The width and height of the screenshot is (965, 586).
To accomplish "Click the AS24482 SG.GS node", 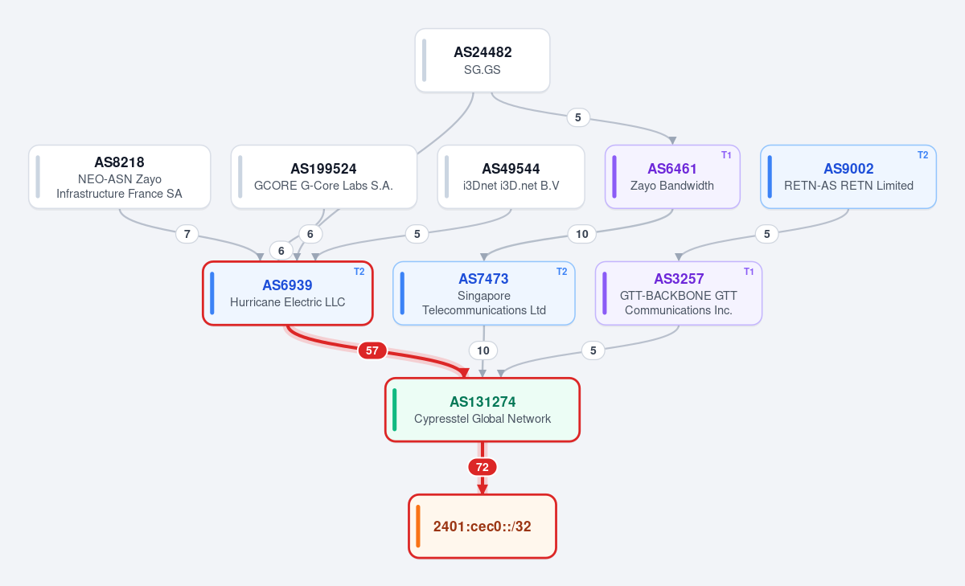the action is tap(482, 60).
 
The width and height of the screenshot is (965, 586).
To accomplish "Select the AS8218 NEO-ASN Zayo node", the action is tap(119, 177).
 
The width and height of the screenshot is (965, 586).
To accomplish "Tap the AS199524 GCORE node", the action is tap(323, 177).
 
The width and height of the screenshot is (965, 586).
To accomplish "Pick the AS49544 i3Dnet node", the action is tap(511, 177).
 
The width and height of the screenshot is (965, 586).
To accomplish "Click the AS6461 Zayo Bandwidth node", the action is tap(672, 177).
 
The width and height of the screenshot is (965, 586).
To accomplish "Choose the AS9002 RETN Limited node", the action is tap(848, 177).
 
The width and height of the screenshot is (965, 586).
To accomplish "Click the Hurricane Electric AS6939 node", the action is tap(287, 293).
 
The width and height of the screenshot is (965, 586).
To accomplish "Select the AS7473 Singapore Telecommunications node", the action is tap(484, 293).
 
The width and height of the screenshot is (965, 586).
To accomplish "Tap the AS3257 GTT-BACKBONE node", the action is tap(679, 293).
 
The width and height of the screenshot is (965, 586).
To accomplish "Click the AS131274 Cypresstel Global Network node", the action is tap(482, 410).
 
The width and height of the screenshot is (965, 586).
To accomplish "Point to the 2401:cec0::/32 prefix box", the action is tap(482, 527).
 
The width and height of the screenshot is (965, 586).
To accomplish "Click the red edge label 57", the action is tap(372, 350).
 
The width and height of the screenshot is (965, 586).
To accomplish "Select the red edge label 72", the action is tap(482, 467).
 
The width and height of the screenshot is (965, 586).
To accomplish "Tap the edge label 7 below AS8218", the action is tap(187, 234).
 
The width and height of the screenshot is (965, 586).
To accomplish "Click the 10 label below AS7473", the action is tap(483, 350).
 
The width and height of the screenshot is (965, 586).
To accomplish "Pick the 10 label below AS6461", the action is tap(582, 234).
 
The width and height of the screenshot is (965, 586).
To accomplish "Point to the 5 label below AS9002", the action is tap(767, 234).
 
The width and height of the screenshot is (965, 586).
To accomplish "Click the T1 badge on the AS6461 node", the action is tap(726, 155).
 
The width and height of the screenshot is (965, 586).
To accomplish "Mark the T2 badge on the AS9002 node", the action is tap(923, 155).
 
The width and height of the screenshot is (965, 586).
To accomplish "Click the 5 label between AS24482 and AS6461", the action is tap(578, 117).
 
